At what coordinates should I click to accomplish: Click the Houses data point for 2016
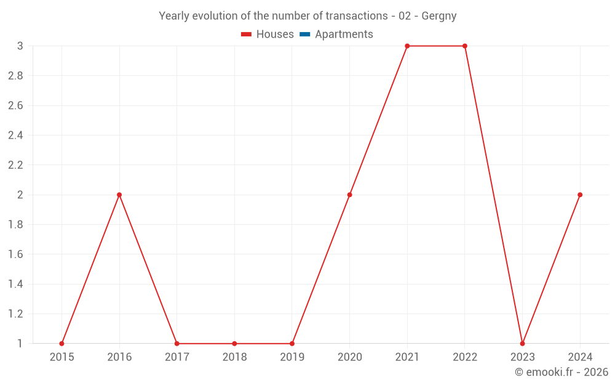119,195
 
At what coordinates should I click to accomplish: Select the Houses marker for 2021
407,46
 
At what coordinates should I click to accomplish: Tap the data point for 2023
522,344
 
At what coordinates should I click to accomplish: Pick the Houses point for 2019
292,344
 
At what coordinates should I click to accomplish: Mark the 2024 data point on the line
580,195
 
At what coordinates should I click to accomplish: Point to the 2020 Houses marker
349,195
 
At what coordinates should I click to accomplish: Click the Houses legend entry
268,34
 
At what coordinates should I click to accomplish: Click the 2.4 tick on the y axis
16,136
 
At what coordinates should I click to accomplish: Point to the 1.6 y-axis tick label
16,254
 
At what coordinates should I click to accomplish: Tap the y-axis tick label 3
20,46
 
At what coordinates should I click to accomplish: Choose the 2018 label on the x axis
234,357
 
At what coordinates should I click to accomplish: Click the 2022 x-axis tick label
465,357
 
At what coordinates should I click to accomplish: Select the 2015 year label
61,357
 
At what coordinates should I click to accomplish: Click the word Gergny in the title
438,16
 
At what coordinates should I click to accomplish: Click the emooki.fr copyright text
561,372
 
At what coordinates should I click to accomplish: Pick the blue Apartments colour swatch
304,34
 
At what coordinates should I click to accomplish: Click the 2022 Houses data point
465,46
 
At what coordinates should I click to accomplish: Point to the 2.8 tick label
16,76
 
